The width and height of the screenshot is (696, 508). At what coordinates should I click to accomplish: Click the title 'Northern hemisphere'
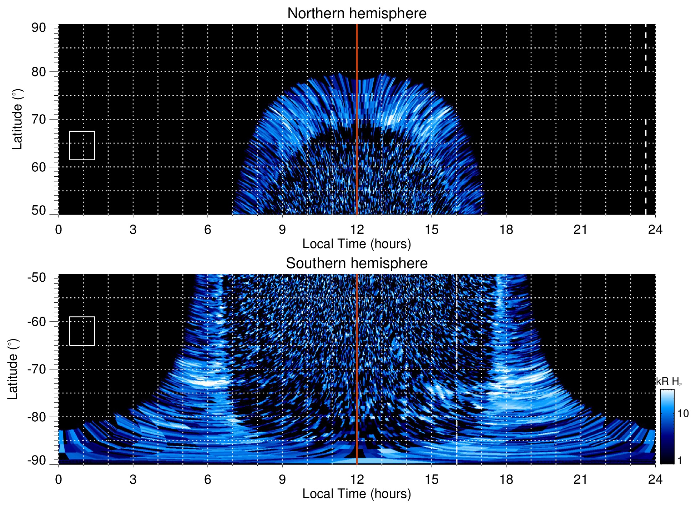(357, 14)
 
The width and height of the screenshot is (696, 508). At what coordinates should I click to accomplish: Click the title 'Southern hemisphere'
(357, 263)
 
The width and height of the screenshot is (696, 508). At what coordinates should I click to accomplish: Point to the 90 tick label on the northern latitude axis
(39, 28)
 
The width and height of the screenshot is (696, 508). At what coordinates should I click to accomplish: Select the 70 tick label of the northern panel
(39, 119)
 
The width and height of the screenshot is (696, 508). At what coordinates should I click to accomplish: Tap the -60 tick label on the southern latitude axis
(37, 322)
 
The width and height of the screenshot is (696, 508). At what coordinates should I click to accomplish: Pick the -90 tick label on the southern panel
(37, 461)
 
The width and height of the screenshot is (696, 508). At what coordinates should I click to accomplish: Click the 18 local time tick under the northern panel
(506, 230)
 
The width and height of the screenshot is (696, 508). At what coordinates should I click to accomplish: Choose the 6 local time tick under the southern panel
(207, 479)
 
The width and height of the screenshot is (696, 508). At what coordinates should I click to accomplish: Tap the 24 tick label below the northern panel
(655, 230)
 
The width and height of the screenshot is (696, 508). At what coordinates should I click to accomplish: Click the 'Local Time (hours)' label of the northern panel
(357, 244)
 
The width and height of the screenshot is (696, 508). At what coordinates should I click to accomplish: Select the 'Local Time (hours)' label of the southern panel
(357, 494)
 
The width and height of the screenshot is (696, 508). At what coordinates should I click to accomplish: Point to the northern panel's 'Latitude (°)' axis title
(17, 119)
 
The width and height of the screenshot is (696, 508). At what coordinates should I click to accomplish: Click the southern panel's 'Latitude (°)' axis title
(13, 369)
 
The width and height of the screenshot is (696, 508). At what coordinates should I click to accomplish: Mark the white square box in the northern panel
(82, 145)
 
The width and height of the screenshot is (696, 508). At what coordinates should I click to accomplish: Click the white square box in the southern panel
(82, 331)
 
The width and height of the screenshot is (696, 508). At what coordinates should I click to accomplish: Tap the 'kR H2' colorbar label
(669, 382)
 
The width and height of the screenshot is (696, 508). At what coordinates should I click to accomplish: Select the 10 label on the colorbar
(683, 413)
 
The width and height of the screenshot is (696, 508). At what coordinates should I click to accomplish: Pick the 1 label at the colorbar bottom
(680, 461)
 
